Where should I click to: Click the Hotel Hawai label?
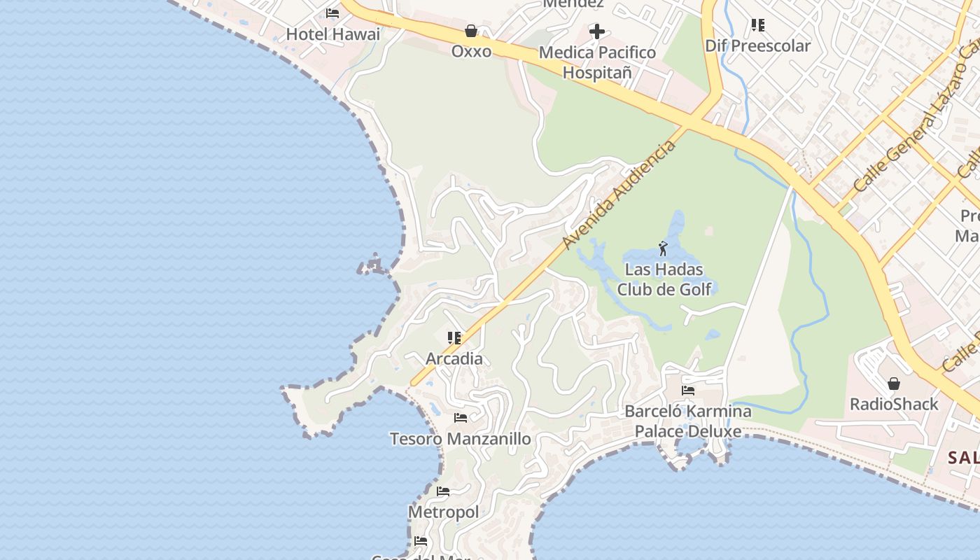point(333,34)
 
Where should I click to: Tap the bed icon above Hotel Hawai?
point(332,13)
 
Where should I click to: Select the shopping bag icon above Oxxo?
point(471,31)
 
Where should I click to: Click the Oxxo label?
point(471,51)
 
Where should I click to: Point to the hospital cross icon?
point(597,31)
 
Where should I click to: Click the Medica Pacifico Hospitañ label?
point(598,62)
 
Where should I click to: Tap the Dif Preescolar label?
point(757,46)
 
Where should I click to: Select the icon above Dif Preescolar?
point(757,26)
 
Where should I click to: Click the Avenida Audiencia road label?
point(619,194)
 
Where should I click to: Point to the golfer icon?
point(663,248)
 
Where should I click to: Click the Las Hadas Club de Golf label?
point(664,279)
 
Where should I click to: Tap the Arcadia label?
point(454,358)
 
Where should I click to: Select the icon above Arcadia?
point(454,338)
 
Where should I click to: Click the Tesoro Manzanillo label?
point(460,439)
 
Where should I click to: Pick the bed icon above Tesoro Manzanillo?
point(460,418)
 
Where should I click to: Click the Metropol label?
point(444,512)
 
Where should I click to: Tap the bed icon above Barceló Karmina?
point(688,391)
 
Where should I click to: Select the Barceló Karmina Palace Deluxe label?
point(688,421)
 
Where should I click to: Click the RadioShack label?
point(894,404)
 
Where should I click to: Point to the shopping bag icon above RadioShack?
point(894,384)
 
